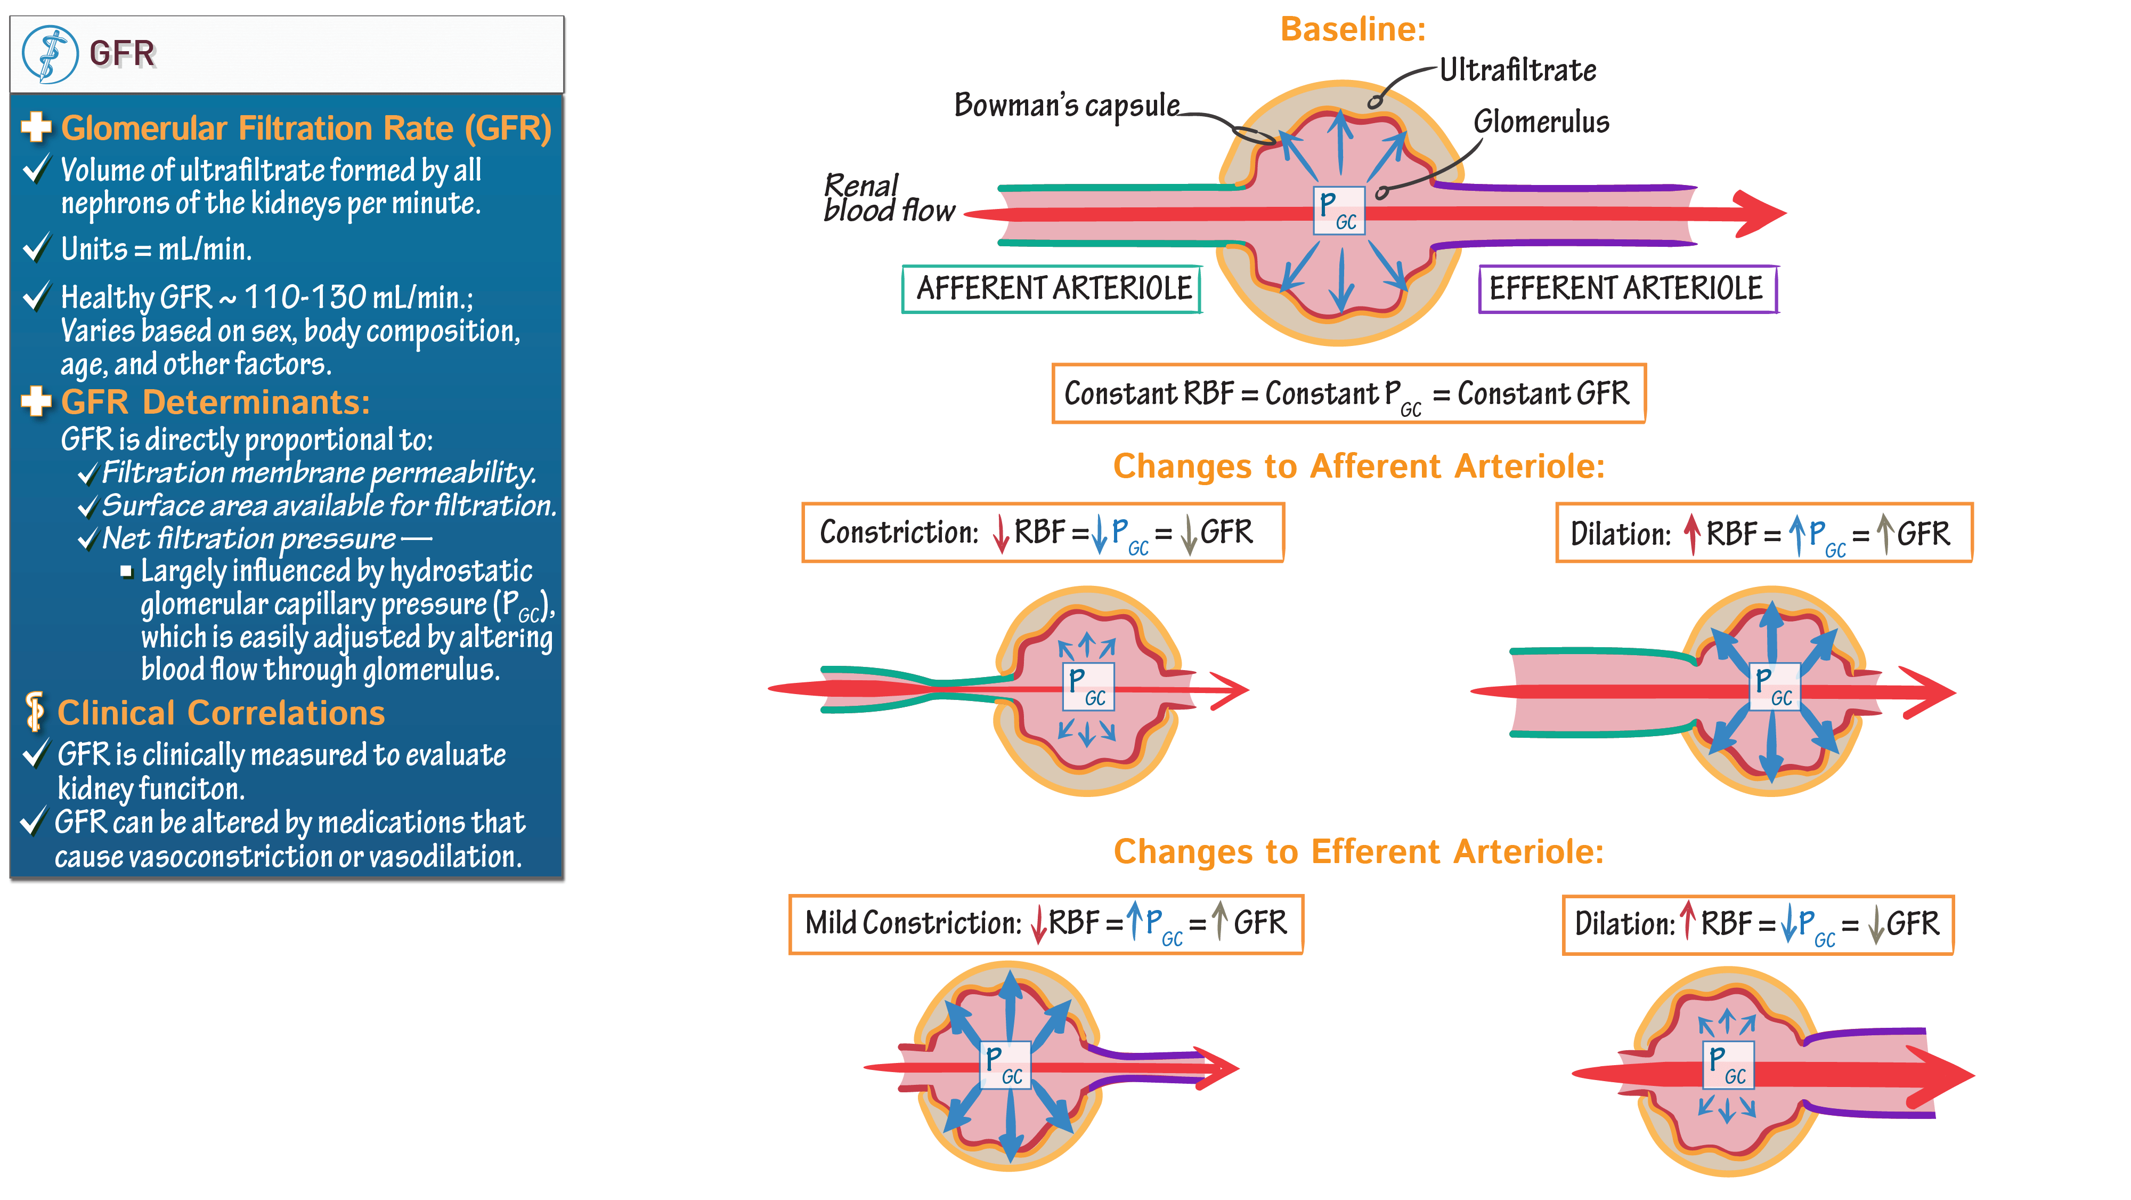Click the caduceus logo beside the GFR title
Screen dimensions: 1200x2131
[x=50, y=54]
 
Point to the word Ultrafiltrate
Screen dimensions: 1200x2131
[x=1517, y=70]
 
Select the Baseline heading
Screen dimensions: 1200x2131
[x=1353, y=30]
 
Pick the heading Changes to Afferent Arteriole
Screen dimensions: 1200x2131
[x=1359, y=467]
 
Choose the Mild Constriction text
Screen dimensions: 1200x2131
[x=913, y=923]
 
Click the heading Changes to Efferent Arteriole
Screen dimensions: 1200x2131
[x=1359, y=851]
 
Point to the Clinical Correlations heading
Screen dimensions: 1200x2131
[x=221, y=713]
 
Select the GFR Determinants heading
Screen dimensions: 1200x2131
[x=215, y=402]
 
